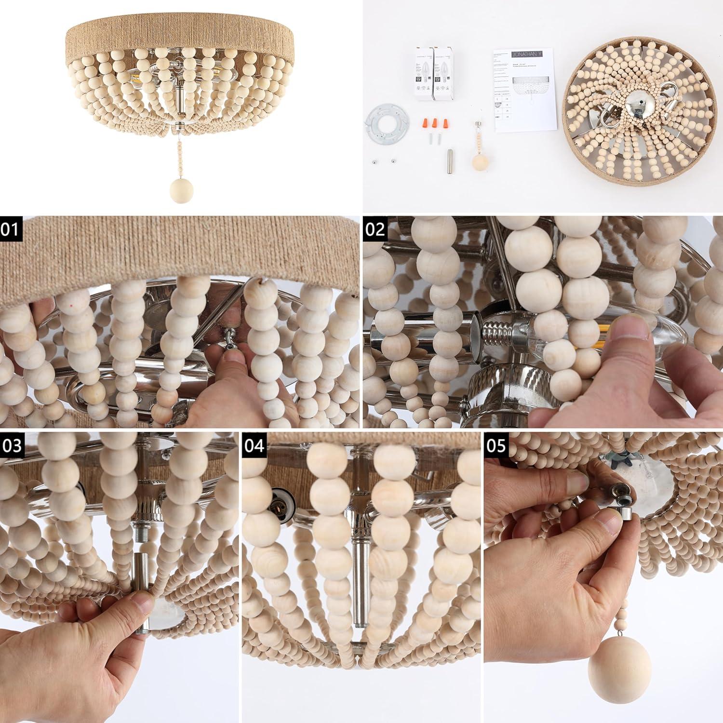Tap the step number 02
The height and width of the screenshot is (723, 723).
click(x=374, y=228)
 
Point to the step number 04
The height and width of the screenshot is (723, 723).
click(x=254, y=445)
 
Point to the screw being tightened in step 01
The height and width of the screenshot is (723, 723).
click(x=225, y=343)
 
